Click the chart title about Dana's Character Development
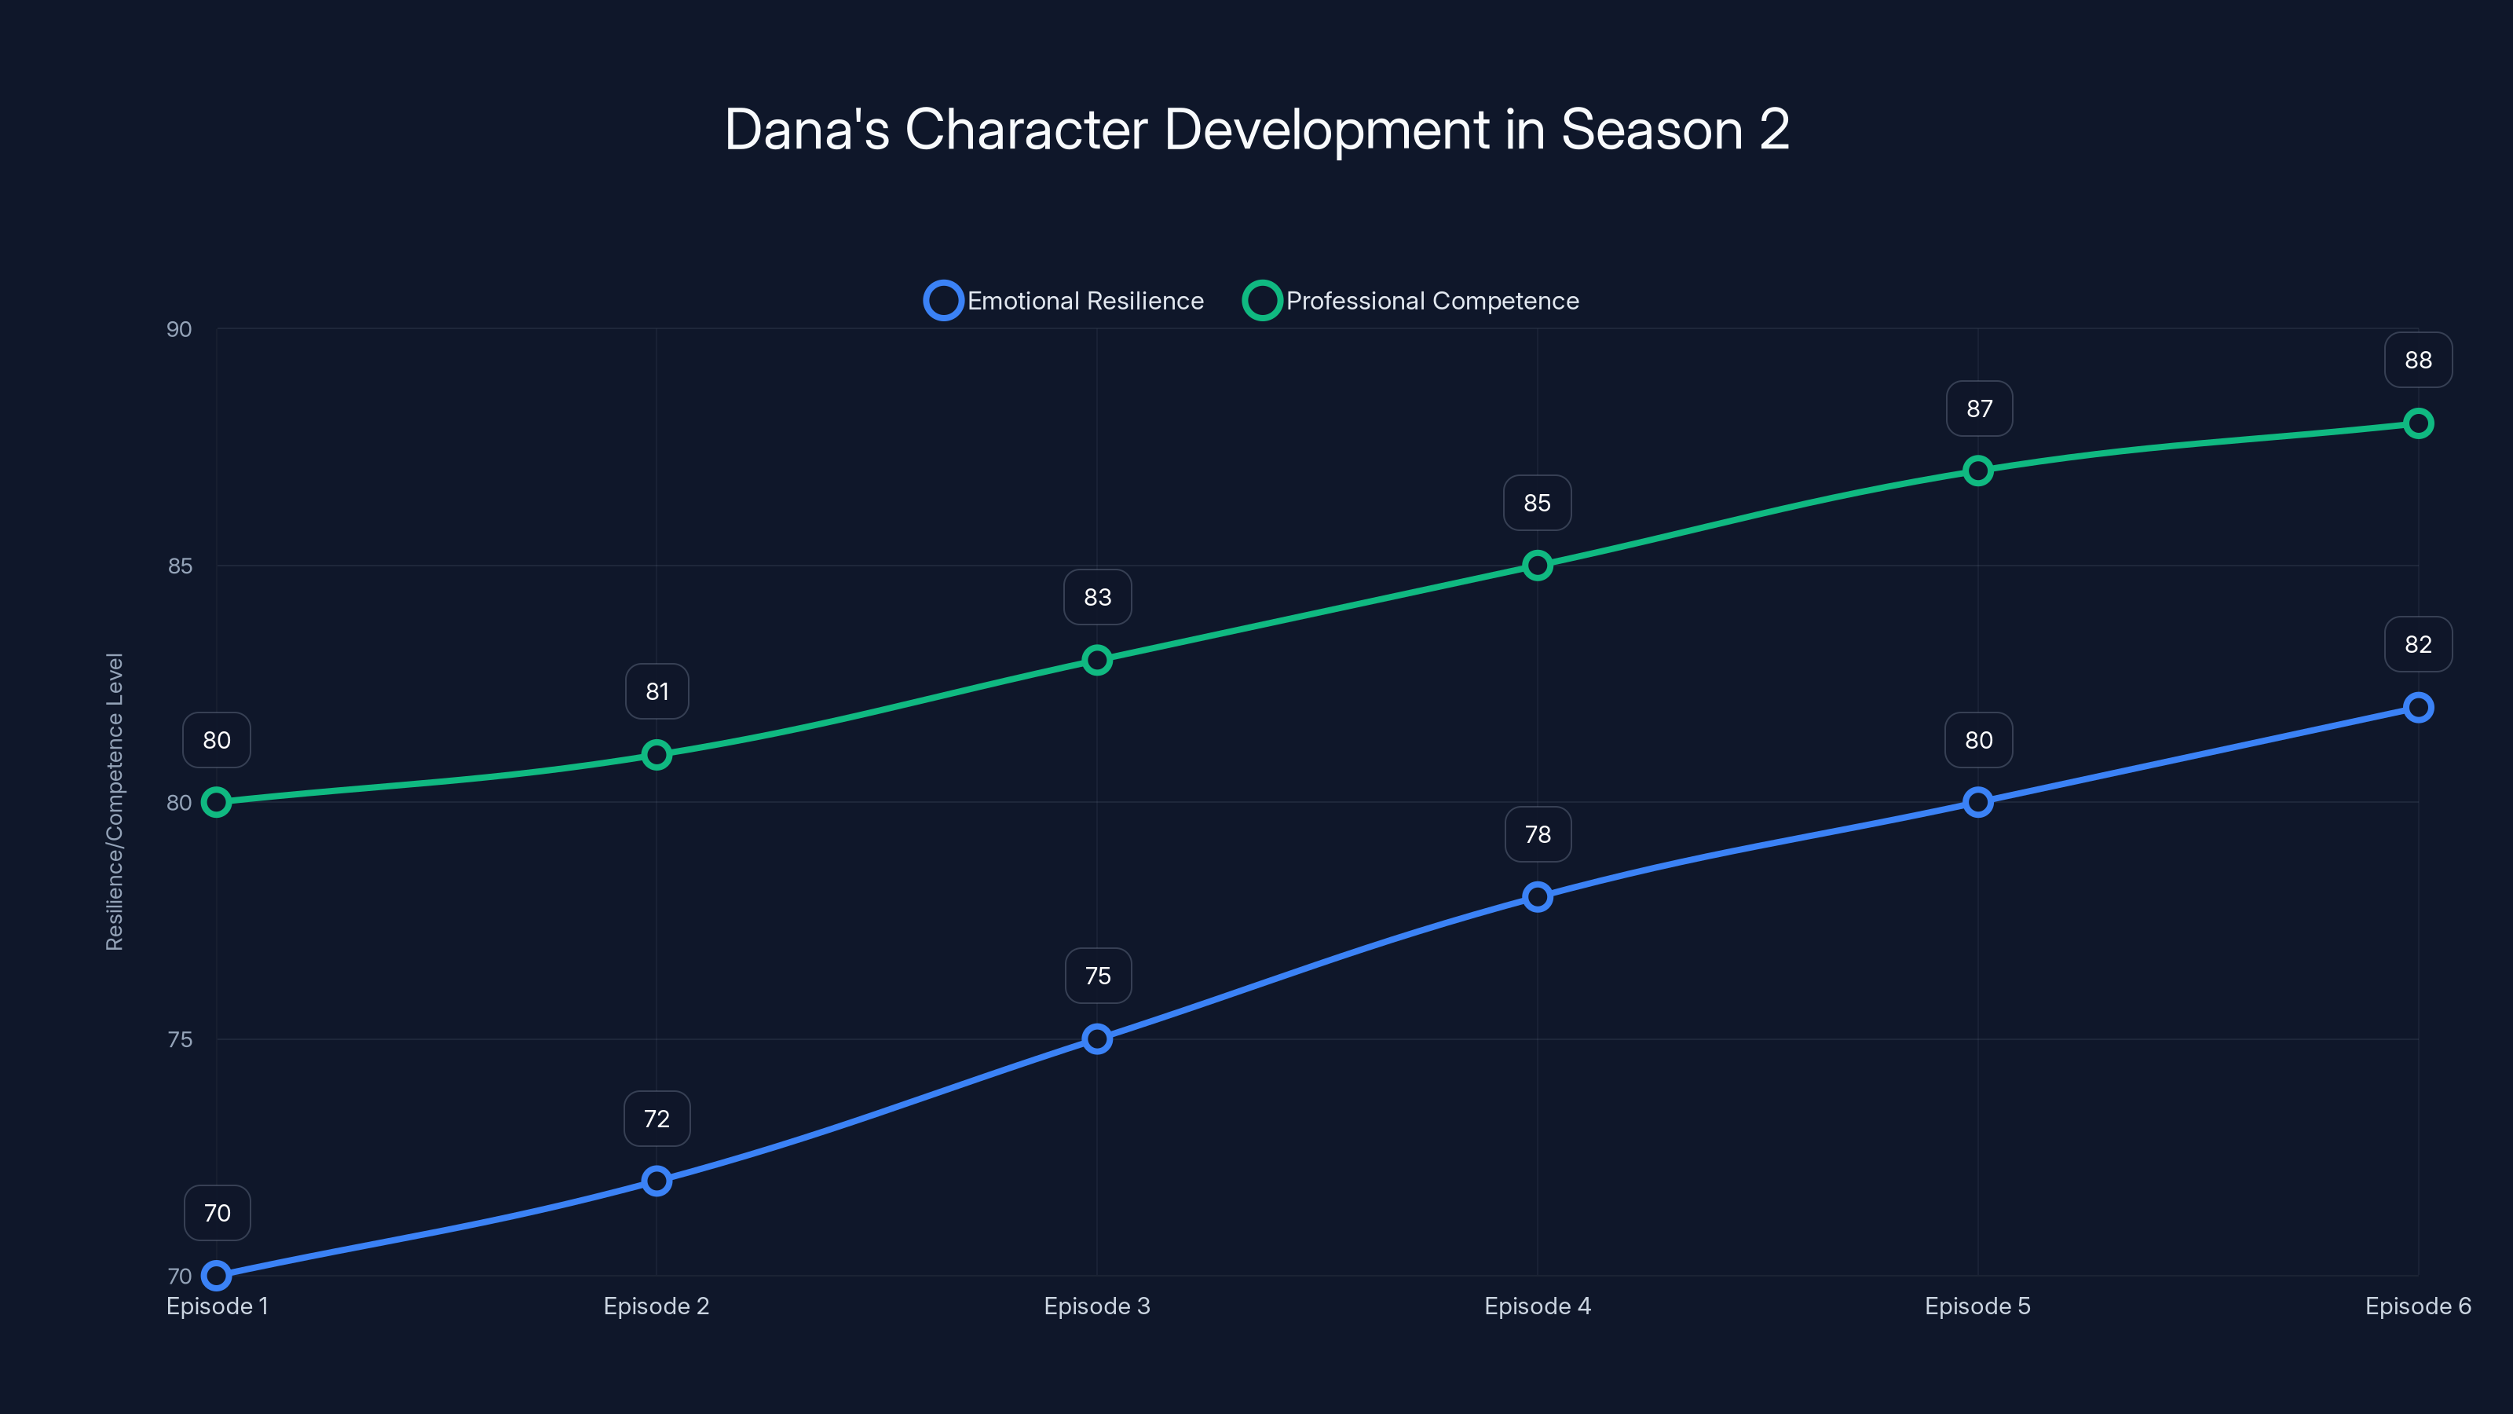1256,130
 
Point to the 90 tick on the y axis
180,329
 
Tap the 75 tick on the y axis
180,1039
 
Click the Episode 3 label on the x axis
1096,1306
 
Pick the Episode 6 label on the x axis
2417,1306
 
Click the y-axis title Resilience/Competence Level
114,801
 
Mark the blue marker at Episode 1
217,1276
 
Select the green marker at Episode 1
217,802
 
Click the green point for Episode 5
1977,471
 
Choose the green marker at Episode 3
1096,661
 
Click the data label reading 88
2417,360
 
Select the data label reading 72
657,1119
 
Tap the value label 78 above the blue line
1538,834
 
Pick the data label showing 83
1096,597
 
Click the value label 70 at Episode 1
217,1213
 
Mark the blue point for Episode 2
657,1181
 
